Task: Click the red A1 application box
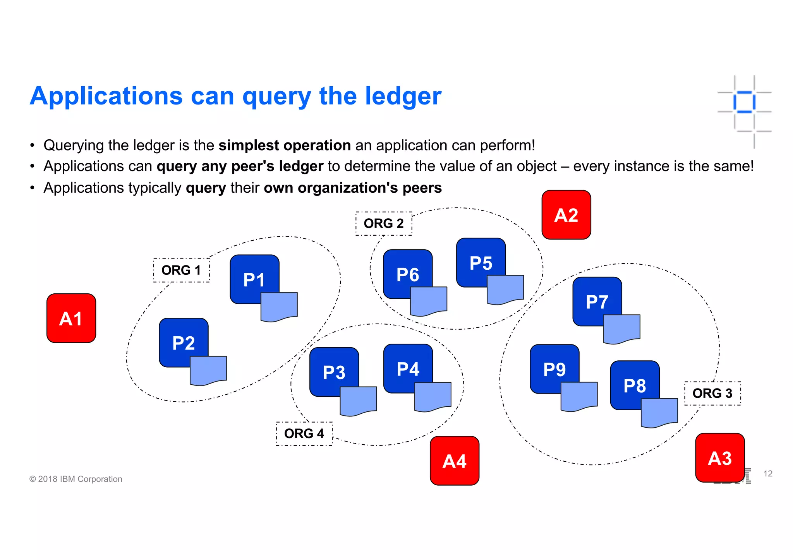point(71,318)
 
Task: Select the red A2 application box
point(566,215)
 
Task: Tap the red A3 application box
point(720,458)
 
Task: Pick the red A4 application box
point(455,461)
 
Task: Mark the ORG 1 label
point(181,270)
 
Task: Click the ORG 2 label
point(384,223)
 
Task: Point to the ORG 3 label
point(712,393)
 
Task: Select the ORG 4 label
point(304,433)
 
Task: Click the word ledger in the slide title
point(403,96)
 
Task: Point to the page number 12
point(768,474)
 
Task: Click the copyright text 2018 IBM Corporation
point(76,479)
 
